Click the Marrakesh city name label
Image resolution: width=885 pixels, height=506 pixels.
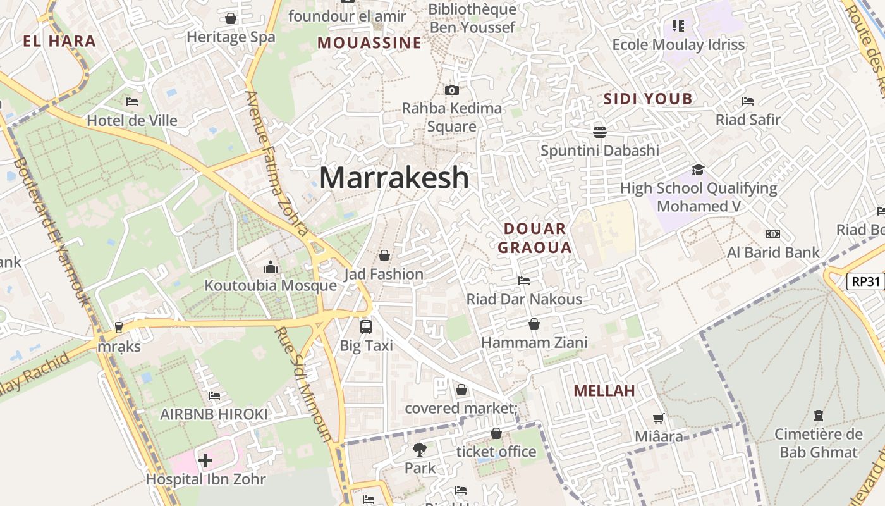pos(394,178)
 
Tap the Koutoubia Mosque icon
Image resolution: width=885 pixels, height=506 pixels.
pos(271,267)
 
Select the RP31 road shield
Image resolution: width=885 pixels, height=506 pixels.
pos(865,281)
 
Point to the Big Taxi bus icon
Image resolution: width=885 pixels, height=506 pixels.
pos(366,326)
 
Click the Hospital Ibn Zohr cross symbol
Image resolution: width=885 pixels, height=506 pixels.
pos(205,460)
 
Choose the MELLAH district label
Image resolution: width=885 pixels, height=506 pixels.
pos(604,391)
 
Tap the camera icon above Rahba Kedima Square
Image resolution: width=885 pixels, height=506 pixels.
pos(451,90)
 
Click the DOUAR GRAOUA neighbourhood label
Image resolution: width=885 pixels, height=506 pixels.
pos(535,238)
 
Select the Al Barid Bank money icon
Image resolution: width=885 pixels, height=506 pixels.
pos(772,234)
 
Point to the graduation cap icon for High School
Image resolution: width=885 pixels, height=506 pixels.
pos(698,170)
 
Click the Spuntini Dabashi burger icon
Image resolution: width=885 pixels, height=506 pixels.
pos(599,132)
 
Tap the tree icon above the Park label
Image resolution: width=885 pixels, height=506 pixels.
pos(419,450)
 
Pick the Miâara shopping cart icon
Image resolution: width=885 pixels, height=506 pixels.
pos(659,418)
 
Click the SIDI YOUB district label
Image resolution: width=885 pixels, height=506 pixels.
pos(648,99)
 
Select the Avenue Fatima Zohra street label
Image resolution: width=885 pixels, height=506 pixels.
pos(276,163)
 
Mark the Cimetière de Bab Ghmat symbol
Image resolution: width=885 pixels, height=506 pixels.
pos(819,416)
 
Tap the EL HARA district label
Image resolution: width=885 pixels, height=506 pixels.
pos(59,42)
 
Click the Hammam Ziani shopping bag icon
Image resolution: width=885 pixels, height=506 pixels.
pos(534,324)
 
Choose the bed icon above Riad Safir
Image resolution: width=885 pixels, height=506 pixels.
pos(748,101)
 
